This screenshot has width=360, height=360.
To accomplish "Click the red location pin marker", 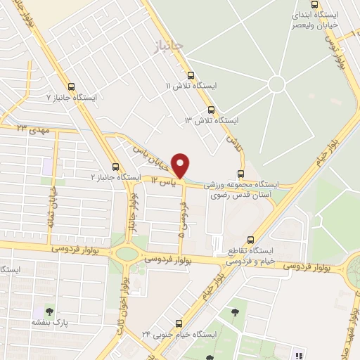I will click(x=181, y=165).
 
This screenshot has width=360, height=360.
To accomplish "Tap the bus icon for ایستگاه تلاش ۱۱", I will click(x=190, y=75).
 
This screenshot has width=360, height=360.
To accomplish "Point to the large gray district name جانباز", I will click(x=168, y=45).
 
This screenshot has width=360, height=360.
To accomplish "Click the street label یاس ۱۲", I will click(x=163, y=181).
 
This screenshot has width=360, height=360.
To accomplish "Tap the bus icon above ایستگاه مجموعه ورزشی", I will click(x=241, y=174).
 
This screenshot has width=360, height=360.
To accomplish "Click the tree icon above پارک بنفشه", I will click(x=49, y=310).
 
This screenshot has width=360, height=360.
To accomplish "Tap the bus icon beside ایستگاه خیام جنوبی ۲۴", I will click(x=178, y=323).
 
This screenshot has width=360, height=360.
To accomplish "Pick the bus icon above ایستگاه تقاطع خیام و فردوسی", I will click(x=251, y=240).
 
